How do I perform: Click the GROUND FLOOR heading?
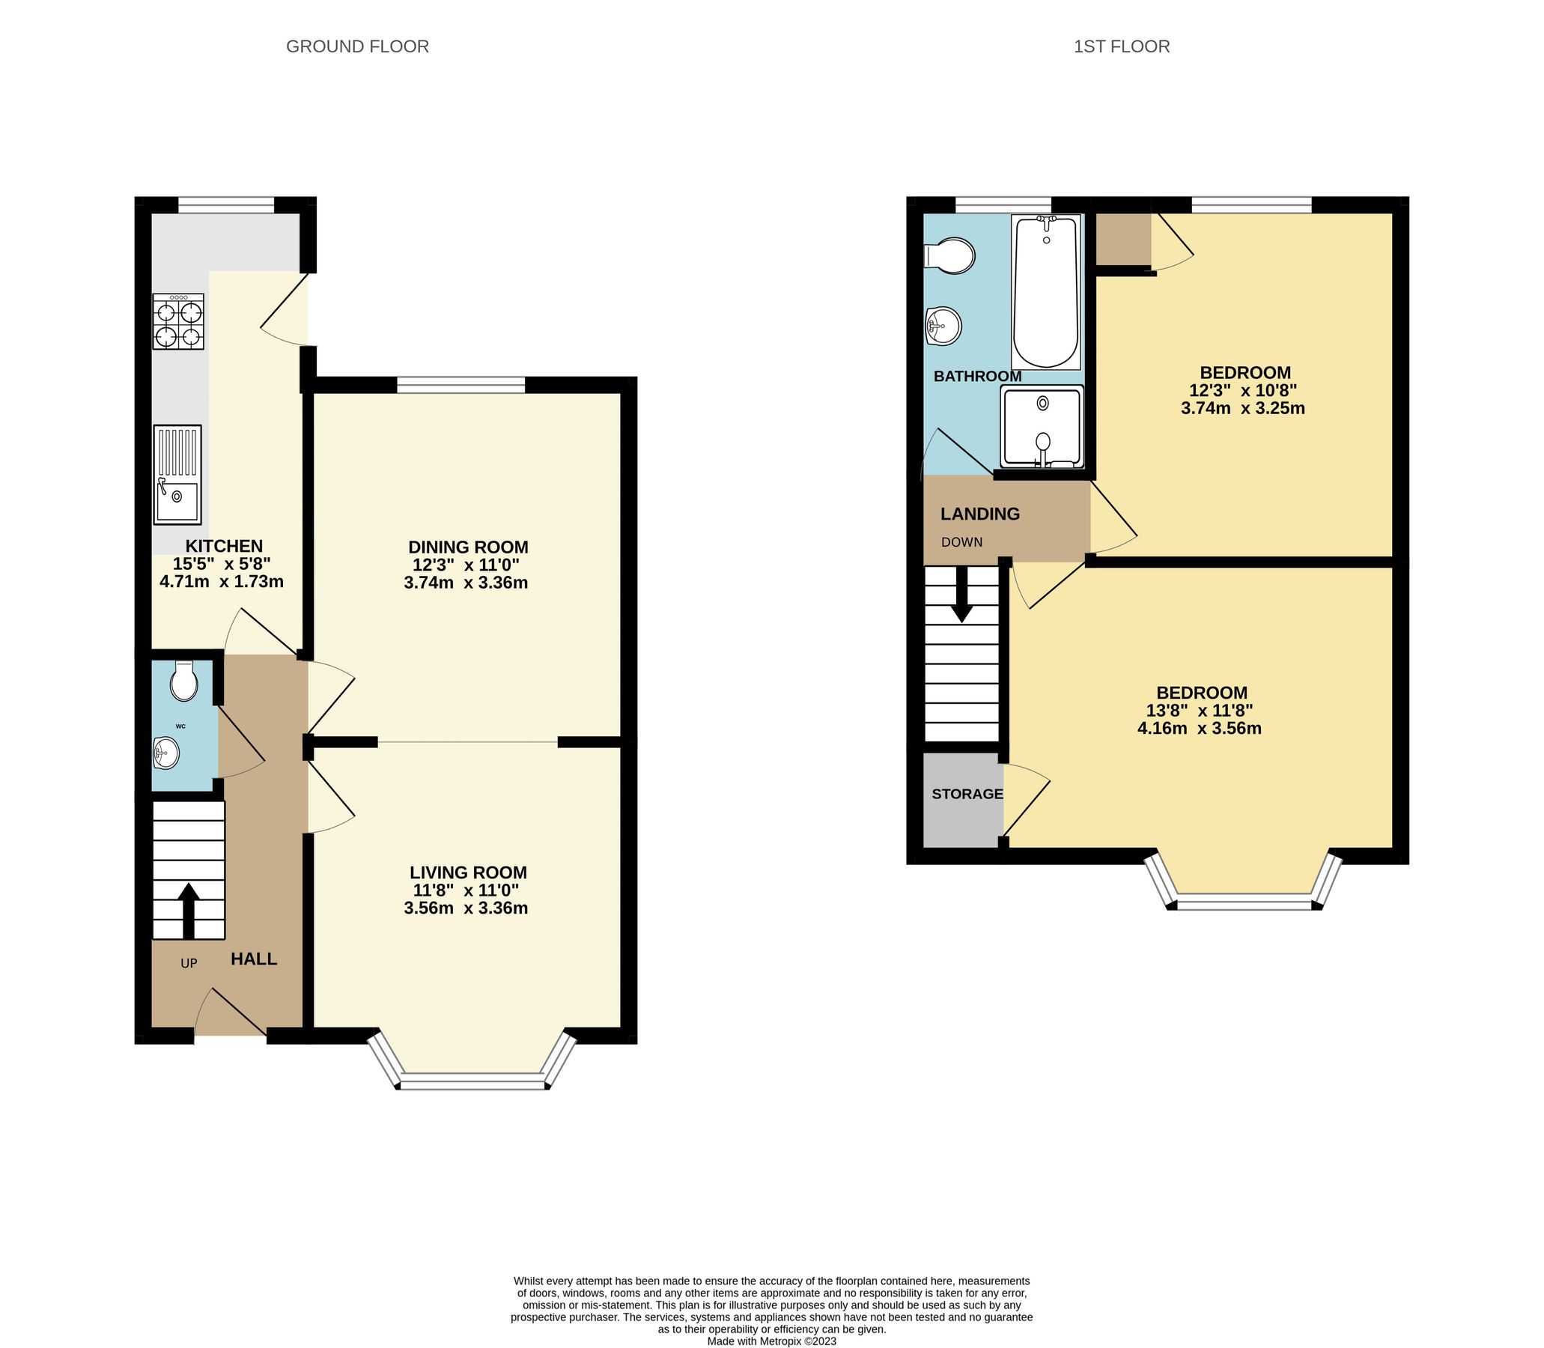(x=357, y=46)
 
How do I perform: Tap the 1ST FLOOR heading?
(x=1121, y=46)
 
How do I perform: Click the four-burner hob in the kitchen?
(x=178, y=321)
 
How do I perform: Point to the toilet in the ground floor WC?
(x=183, y=681)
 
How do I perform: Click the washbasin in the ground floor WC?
(x=165, y=752)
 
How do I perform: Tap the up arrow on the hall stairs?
(x=188, y=910)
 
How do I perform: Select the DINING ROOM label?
(x=468, y=547)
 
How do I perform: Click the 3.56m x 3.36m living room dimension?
(x=466, y=908)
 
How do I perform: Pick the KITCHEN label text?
(x=224, y=546)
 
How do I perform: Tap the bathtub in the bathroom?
(x=1045, y=292)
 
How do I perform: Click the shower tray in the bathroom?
(x=1042, y=426)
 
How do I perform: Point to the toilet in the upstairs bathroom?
(x=951, y=256)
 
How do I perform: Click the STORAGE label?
(x=967, y=794)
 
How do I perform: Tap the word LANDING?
(x=980, y=514)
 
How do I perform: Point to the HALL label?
(x=253, y=959)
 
